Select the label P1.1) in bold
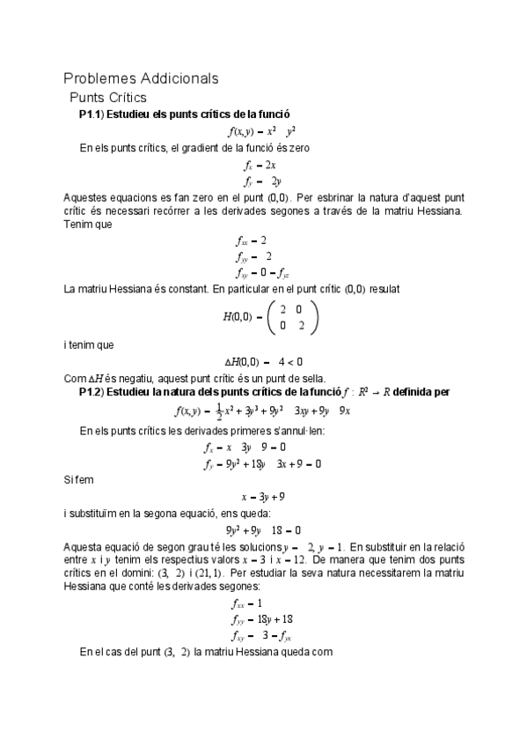[x=92, y=115]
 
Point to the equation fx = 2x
[x=260, y=165]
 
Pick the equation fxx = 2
[x=252, y=240]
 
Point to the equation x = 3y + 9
[x=263, y=496]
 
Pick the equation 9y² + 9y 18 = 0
[x=263, y=530]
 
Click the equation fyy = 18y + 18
[x=263, y=618]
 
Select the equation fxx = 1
[x=252, y=603]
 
